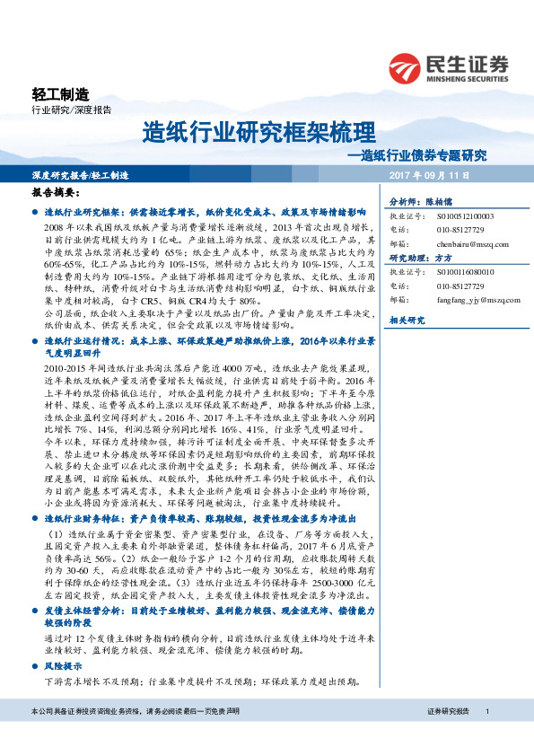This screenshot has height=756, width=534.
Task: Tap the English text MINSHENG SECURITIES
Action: tap(468, 76)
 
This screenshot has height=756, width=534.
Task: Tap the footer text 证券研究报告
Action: tap(450, 735)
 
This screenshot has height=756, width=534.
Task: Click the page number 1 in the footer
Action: tap(486, 735)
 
